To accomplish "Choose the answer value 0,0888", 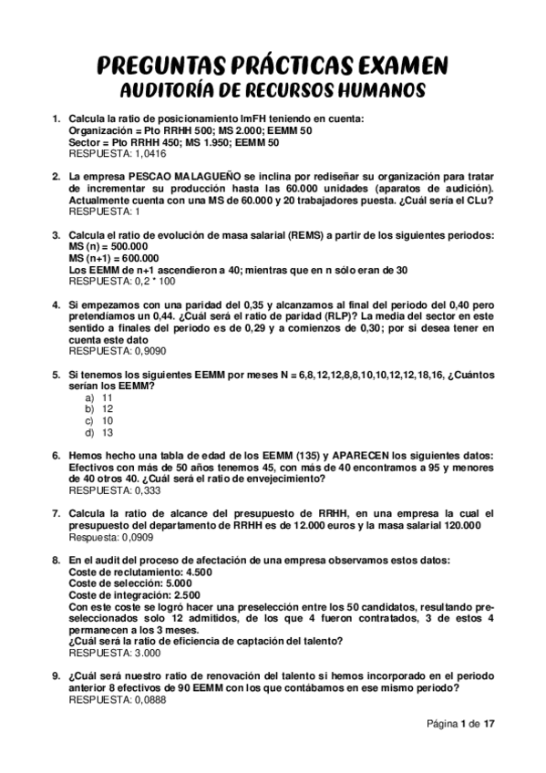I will [x=149, y=700].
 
